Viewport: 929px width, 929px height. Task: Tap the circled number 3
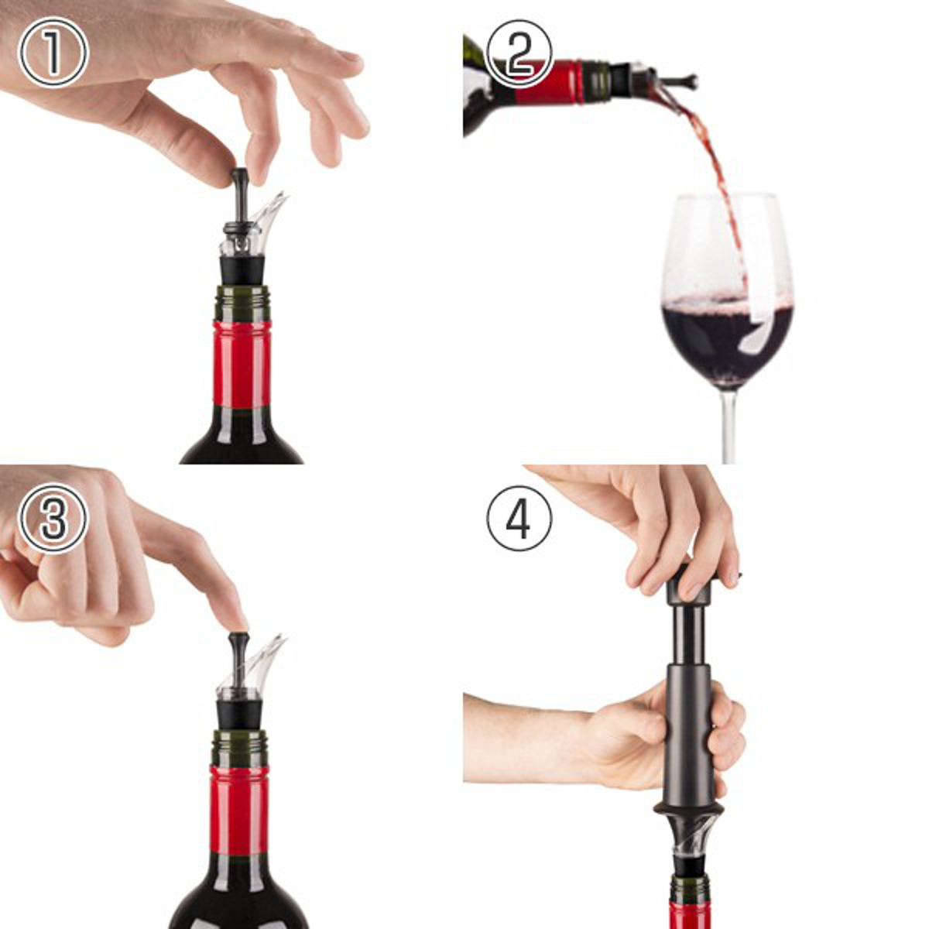tap(53, 518)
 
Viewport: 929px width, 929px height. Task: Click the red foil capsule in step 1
tap(242, 364)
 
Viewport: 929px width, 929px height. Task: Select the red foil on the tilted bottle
tap(550, 82)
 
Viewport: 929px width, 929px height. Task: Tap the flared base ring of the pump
tap(687, 806)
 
